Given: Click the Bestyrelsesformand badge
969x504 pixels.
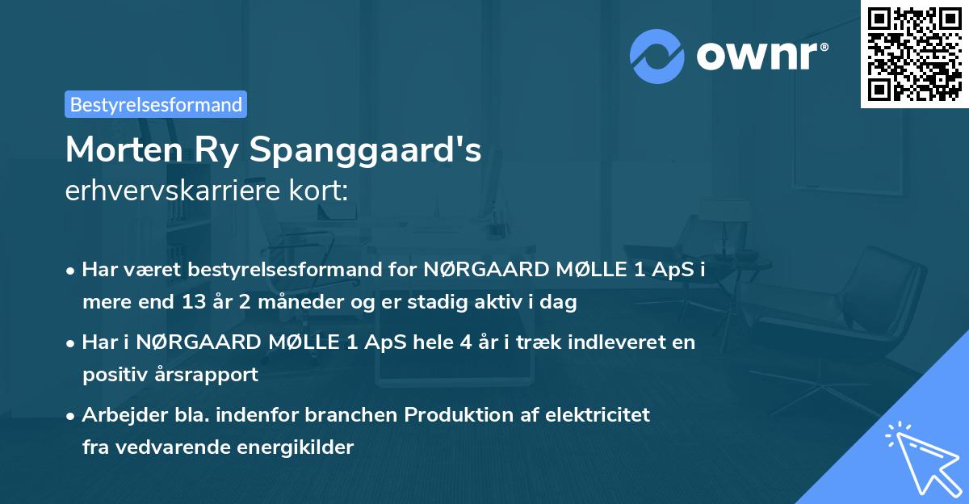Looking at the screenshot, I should [156, 104].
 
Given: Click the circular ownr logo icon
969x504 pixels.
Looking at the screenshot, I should [657, 56].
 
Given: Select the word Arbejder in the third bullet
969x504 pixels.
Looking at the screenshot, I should [118, 415].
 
